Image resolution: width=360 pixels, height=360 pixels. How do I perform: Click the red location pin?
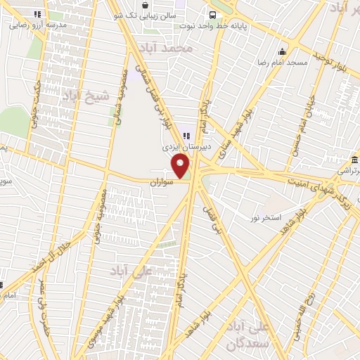coord(181,166)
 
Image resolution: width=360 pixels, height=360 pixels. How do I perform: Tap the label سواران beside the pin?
coord(161,181)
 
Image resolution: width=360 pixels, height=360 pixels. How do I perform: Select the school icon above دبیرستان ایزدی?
coord(186,136)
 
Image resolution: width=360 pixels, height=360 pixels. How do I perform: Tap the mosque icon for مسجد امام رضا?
coord(282,51)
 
